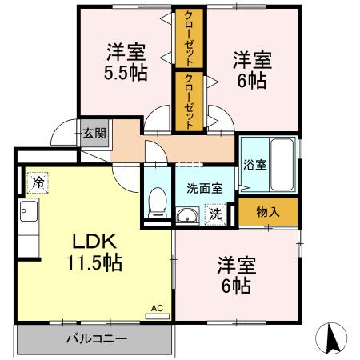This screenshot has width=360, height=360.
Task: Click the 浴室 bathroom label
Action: (x=255, y=164)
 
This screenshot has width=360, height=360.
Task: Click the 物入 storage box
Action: (x=268, y=212)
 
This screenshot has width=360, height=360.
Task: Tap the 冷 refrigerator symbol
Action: (x=37, y=182)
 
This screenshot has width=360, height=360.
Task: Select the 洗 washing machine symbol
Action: (x=214, y=214)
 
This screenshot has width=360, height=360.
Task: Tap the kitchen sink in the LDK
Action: (x=29, y=214)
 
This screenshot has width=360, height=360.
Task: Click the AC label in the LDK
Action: (x=157, y=307)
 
